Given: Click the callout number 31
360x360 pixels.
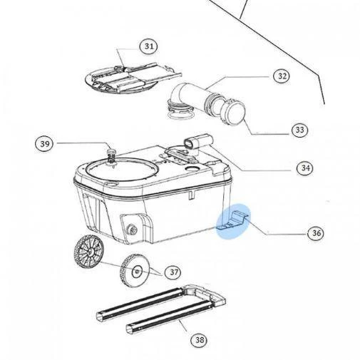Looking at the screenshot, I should tap(148, 46).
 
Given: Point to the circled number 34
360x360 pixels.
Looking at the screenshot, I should tap(305, 168).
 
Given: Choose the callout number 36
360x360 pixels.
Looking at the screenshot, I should tap(315, 232).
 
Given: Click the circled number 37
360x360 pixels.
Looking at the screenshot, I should tap(173, 272).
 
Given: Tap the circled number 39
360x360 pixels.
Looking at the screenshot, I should tap(46, 144).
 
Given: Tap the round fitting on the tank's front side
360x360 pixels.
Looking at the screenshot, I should tap(133, 229).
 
